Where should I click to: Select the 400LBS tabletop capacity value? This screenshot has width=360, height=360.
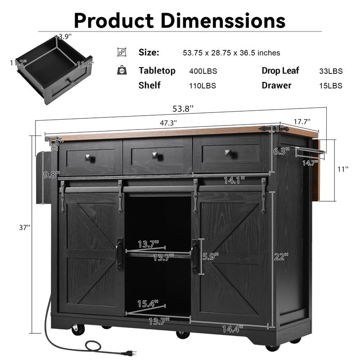[203, 71]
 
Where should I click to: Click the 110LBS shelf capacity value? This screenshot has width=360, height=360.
[203, 85]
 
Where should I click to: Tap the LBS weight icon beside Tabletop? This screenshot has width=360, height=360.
[121, 71]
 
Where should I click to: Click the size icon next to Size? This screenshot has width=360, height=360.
[121, 53]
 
